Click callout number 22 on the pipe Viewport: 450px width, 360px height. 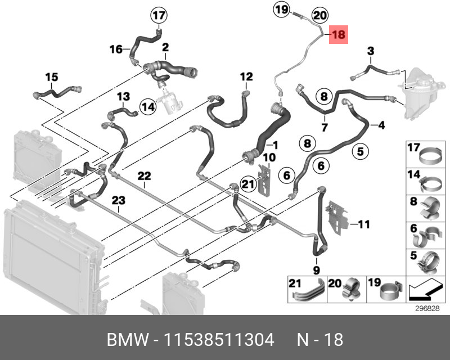(145, 175)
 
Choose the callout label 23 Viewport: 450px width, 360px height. (118, 199)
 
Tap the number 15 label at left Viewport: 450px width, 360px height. (52, 76)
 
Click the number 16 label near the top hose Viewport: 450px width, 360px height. (115, 49)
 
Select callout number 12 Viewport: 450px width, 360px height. (247, 76)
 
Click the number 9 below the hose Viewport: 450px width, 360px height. (316, 271)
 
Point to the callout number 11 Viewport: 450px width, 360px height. (364, 225)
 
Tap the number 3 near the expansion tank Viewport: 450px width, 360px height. (370, 52)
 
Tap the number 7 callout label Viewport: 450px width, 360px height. (325, 127)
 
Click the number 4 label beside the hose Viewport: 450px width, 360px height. (381, 125)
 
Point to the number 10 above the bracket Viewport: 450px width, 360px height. (269, 157)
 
